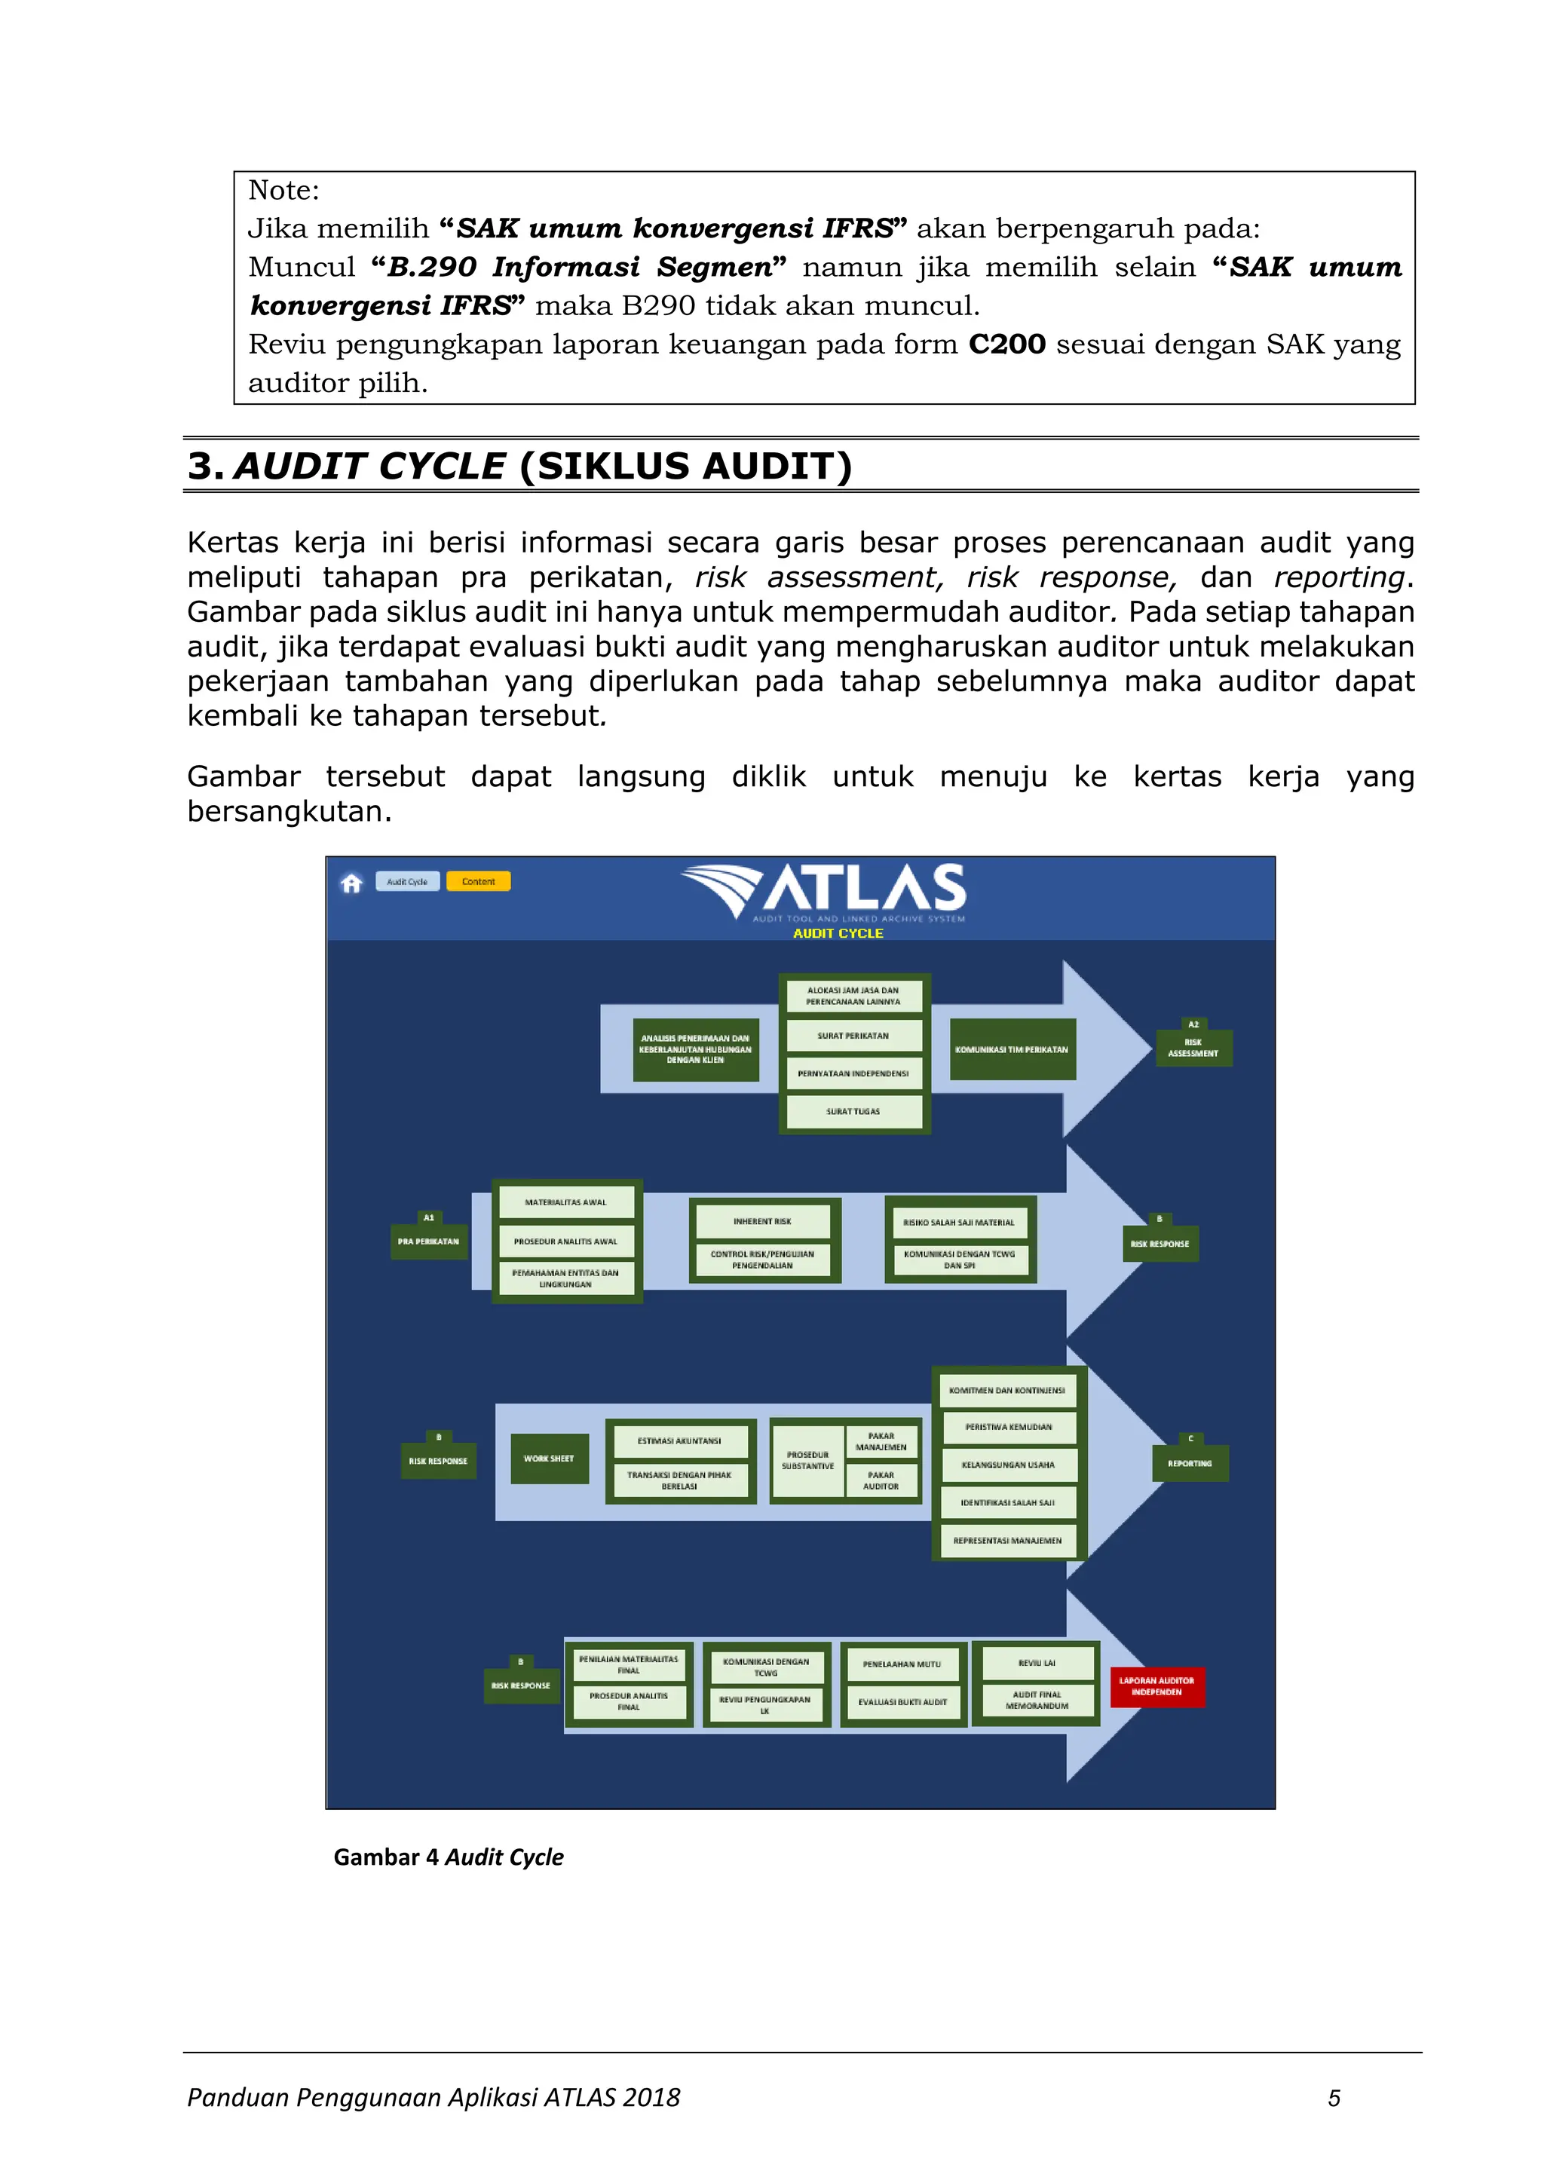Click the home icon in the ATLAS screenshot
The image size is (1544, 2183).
tap(352, 883)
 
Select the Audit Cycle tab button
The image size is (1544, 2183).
tap(407, 881)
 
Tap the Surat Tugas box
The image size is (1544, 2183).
tap(853, 1111)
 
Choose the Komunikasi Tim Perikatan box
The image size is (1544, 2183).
tap(1012, 1050)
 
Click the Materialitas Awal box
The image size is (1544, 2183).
tap(565, 1203)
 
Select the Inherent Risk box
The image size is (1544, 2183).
tap(762, 1222)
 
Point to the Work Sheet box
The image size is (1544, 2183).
tap(549, 1459)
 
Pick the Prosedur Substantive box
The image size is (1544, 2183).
tap(807, 1460)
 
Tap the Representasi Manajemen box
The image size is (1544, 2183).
tap(1008, 1540)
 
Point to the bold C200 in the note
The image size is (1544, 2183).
tap(1006, 344)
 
